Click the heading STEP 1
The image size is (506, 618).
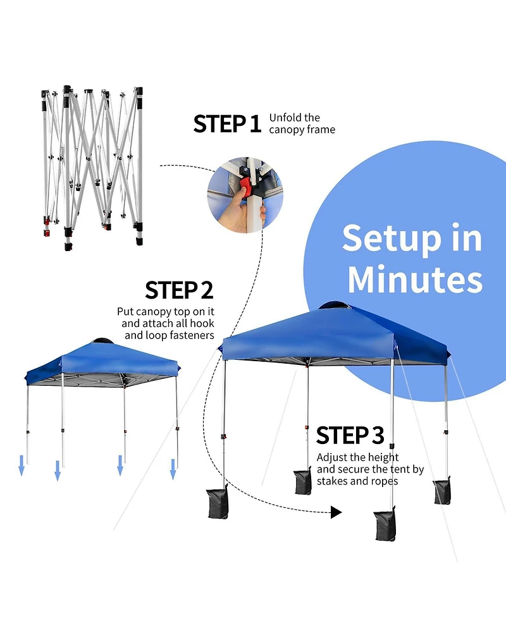(x=227, y=123)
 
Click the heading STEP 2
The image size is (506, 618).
(x=179, y=290)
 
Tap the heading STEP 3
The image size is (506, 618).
(x=350, y=436)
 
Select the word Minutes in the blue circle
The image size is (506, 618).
(x=415, y=279)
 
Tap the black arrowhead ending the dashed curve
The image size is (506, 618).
(x=336, y=512)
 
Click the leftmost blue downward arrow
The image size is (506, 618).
(x=22, y=467)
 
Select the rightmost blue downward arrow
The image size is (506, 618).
(x=173, y=469)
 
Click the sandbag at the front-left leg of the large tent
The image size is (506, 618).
(x=218, y=503)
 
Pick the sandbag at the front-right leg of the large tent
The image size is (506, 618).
(x=385, y=524)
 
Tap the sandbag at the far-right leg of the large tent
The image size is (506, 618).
(x=442, y=491)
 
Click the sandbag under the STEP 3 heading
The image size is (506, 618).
(x=303, y=481)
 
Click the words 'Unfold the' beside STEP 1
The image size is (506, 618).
(x=294, y=118)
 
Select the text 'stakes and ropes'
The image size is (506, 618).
(x=357, y=481)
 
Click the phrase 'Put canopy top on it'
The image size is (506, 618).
(x=165, y=312)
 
